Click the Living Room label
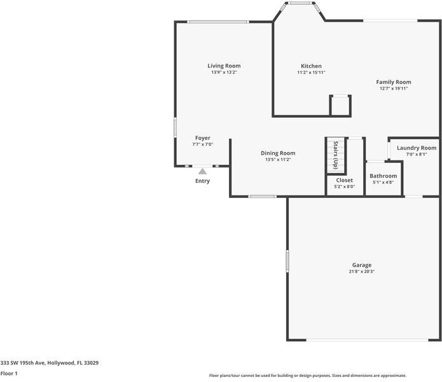pyautogui.click(x=224, y=66)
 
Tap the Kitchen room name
pyautogui.click(x=311, y=66)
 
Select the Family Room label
pyautogui.click(x=393, y=82)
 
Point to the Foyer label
pyautogui.click(x=202, y=138)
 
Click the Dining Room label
pyautogui.click(x=278, y=153)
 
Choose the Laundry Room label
pyautogui.click(x=417, y=148)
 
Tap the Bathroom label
pyautogui.click(x=383, y=176)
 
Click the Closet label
pyautogui.click(x=344, y=180)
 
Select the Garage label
pyautogui.click(x=362, y=265)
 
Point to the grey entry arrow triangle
pyautogui.click(x=202, y=171)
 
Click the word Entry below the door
pyautogui.click(x=202, y=181)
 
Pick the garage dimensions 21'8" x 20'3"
pyautogui.click(x=362, y=272)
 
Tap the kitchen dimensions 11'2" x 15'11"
pyautogui.click(x=311, y=73)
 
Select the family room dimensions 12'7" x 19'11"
pyautogui.click(x=393, y=88)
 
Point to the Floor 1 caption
pyautogui.click(x=9, y=373)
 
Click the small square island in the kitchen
pyautogui.click(x=340, y=105)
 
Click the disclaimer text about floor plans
pyautogui.click(x=307, y=376)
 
